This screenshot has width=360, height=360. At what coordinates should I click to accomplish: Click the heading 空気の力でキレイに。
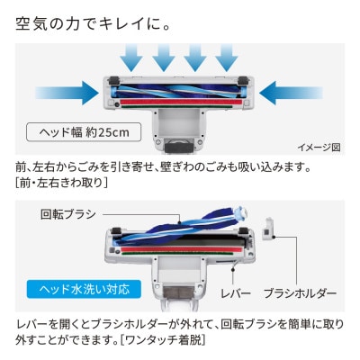(94, 21)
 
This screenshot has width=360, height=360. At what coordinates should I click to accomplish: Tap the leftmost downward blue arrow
(130, 58)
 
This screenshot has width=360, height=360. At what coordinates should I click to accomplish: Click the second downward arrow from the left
(165, 58)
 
